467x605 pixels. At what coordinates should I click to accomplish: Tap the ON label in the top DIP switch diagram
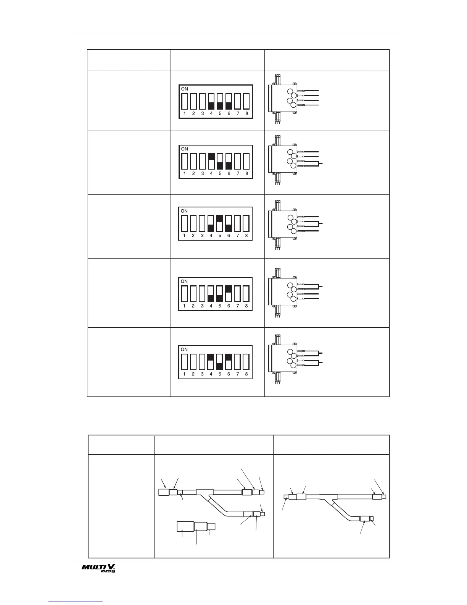[185, 89]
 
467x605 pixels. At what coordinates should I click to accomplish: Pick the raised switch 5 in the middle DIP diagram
[220, 223]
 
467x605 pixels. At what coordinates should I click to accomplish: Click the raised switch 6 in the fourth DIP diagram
[229, 293]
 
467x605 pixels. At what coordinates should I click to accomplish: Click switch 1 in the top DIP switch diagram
[185, 101]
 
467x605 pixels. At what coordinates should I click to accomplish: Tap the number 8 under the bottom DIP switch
[246, 374]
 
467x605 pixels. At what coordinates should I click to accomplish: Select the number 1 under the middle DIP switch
[184, 236]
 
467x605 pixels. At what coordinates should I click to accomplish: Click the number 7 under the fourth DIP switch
[238, 306]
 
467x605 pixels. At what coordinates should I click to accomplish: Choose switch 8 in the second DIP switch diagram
[246, 161]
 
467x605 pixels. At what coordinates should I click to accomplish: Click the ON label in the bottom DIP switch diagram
[184, 349]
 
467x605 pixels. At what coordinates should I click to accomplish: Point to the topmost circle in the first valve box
[290, 92]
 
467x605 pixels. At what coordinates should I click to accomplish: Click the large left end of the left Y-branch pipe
[164, 492]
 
